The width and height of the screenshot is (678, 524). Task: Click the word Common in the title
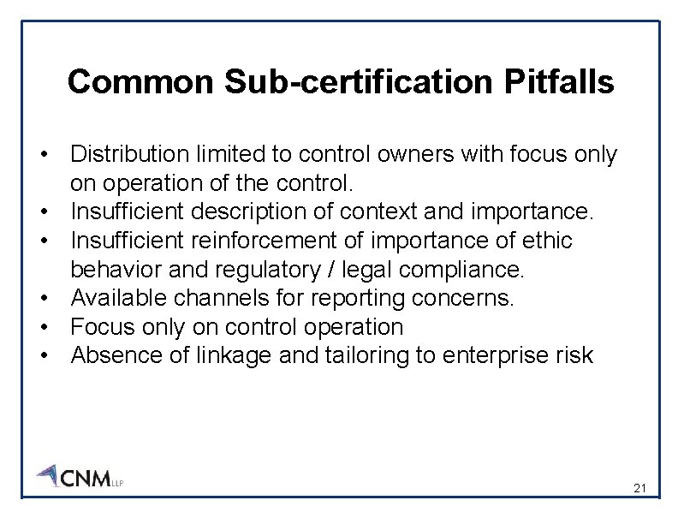140,82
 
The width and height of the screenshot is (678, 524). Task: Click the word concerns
473,299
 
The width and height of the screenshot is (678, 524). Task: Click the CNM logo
80,476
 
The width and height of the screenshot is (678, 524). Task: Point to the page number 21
639,488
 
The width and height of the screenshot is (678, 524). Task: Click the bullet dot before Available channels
42,299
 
